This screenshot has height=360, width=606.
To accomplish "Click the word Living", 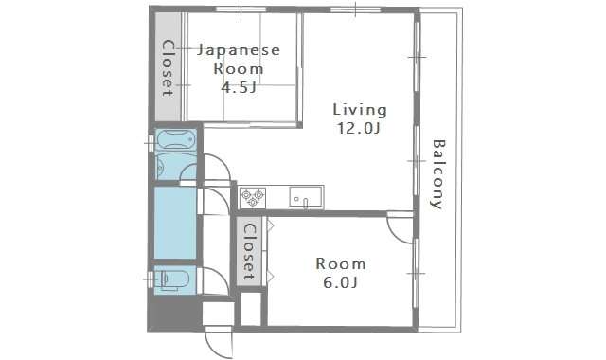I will coord(359,109).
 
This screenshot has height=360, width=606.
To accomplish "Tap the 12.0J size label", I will coord(359,129).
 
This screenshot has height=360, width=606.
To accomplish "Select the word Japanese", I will coord(239,50).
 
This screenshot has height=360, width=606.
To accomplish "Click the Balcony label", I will coord(437,174).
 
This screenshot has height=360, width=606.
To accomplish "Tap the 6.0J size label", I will coord(341,282).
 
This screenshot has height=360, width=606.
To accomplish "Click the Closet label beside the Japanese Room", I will coord(168,67).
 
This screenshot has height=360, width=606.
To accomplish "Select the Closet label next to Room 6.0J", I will coord(249,252).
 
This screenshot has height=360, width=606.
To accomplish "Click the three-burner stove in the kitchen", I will coord(253,198).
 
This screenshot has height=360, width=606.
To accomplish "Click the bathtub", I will coord(176,142).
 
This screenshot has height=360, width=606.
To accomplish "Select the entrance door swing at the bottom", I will coord(218,341).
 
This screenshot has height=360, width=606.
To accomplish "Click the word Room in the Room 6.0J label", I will coord(341,263).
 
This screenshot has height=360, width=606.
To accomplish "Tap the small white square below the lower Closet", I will coord(250,309).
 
